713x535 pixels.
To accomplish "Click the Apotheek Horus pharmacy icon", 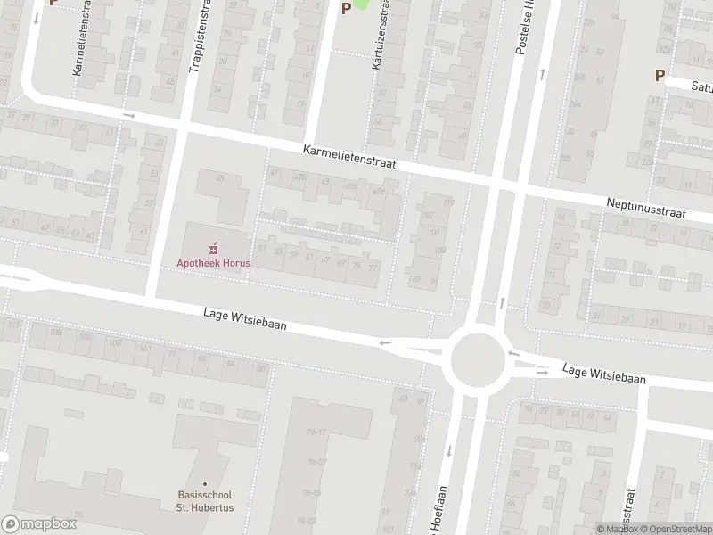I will (213, 248).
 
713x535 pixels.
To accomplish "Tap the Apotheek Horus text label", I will (213, 264).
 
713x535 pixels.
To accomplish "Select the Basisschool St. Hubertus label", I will (205, 502).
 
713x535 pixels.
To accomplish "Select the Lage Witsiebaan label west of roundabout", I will (244, 319).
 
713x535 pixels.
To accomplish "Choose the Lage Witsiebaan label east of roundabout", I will (605, 374).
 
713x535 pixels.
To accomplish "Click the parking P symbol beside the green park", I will (346, 9).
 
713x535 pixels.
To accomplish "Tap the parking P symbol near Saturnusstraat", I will (660, 76).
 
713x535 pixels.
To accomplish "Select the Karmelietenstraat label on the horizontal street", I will (348, 160).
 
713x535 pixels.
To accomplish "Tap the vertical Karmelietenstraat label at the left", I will (78, 49).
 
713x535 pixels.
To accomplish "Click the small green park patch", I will (361, 4).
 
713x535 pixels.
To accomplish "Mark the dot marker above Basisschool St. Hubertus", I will (205, 484).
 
